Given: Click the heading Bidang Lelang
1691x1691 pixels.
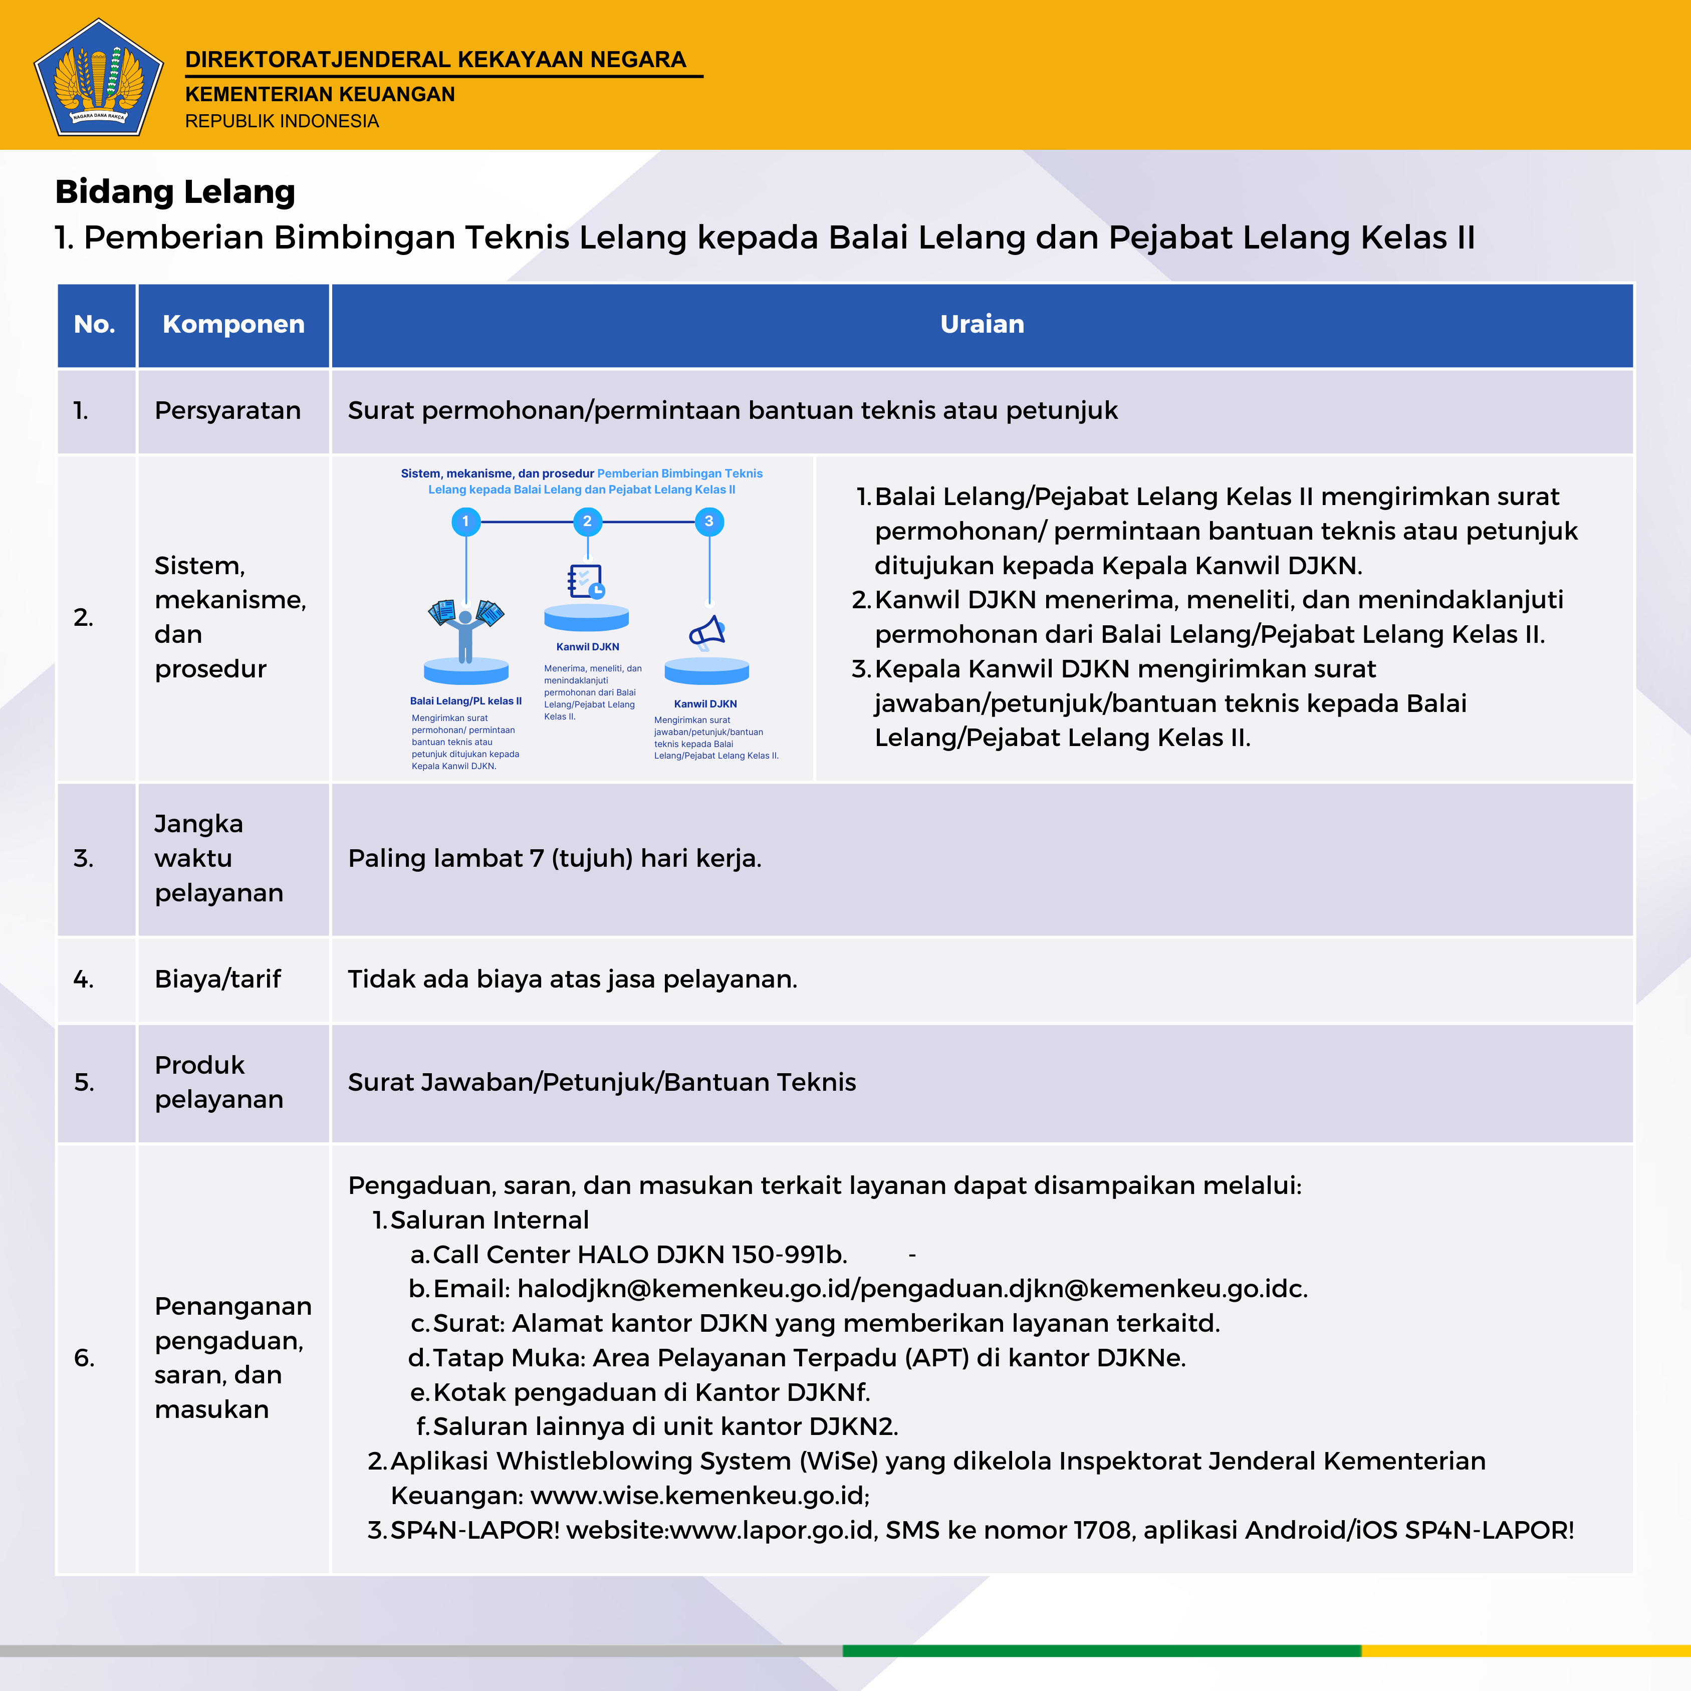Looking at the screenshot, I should [175, 192].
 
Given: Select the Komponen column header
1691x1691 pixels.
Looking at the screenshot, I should [233, 325].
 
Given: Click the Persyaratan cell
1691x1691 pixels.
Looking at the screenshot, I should [227, 410].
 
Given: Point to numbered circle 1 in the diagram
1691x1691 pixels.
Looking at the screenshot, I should [465, 522].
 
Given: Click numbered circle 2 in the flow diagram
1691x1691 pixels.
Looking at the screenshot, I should [587, 522].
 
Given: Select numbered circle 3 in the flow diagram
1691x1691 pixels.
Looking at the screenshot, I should [709, 522].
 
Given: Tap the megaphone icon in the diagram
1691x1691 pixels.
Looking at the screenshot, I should [707, 632].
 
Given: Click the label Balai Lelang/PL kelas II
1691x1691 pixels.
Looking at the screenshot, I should [465, 701].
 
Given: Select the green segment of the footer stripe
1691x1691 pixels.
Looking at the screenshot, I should [1101, 1651].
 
